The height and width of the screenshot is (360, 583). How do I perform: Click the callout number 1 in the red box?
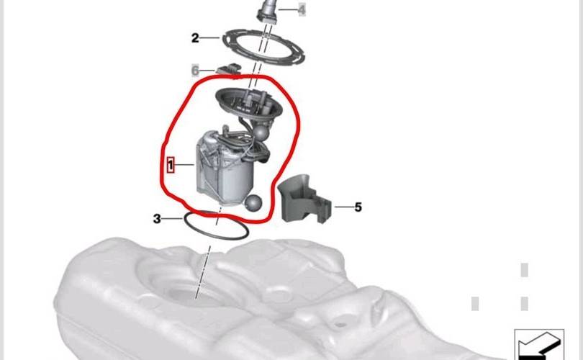(x=171, y=165)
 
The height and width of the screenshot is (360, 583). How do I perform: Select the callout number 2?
(x=195, y=37)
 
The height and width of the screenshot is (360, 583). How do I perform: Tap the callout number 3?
(x=157, y=219)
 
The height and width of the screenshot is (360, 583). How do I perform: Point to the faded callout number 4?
(x=302, y=9)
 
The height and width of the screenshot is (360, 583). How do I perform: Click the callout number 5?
(x=358, y=207)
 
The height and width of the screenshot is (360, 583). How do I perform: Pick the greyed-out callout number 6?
(x=195, y=70)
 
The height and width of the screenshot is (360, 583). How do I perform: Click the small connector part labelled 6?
(x=229, y=69)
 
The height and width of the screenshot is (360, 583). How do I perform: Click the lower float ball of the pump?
(x=253, y=203)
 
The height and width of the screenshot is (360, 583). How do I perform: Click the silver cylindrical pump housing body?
(x=223, y=171)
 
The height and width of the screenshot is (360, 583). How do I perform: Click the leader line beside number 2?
(x=211, y=37)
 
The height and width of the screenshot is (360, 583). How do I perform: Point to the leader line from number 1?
(x=184, y=164)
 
